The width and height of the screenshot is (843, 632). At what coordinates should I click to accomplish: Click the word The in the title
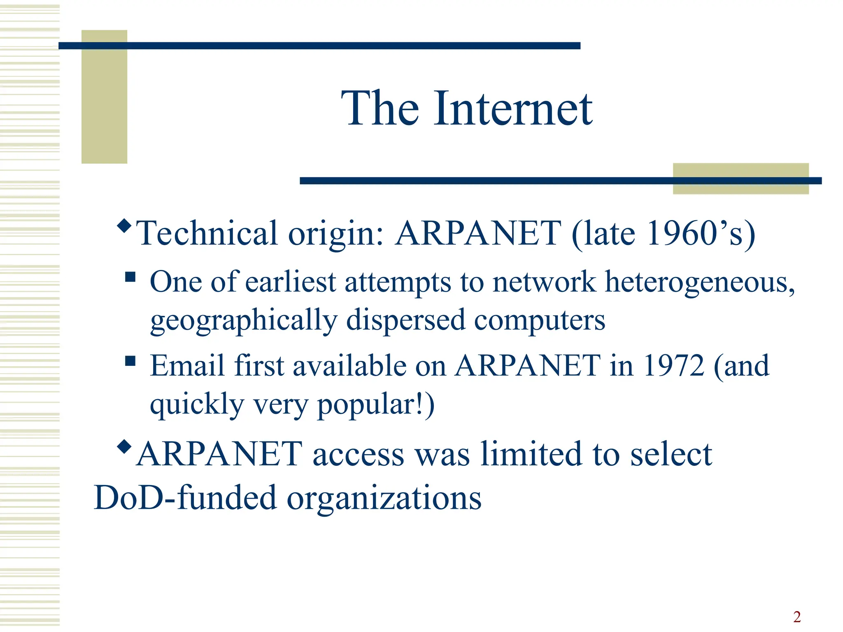380,109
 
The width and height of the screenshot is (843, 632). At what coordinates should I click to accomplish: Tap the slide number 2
797,617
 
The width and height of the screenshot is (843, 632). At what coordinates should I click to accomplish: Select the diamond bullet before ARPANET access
124,446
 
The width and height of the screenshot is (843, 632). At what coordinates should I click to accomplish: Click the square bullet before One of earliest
130,276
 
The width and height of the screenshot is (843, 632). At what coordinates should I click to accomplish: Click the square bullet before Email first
130,361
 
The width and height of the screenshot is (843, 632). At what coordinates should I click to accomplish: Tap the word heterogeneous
700,283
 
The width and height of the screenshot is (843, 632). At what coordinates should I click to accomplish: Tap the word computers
539,321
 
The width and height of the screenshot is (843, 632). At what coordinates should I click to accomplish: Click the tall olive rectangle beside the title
104,97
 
